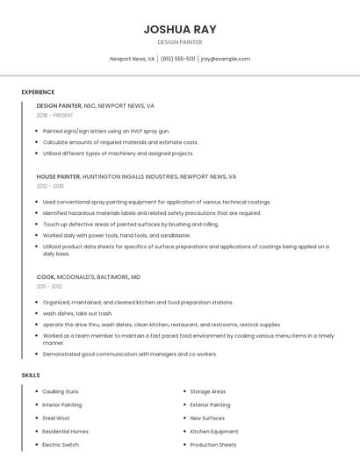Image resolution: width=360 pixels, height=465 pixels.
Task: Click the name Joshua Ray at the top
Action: pyautogui.click(x=180, y=29)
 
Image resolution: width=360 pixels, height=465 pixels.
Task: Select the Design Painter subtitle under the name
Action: pyautogui.click(x=180, y=42)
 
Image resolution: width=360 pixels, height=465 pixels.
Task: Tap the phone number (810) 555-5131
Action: pyautogui.click(x=178, y=59)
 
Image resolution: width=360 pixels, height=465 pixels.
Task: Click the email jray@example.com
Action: pyautogui.click(x=226, y=59)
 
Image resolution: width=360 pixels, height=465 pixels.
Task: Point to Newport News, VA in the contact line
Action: pyautogui.click(x=132, y=59)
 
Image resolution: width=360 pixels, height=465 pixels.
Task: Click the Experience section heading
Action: pyautogui.click(x=38, y=92)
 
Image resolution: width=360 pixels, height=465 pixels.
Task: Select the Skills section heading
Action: pyautogui.click(x=31, y=375)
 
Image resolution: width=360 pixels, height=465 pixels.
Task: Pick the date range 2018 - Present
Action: pyautogui.click(x=54, y=115)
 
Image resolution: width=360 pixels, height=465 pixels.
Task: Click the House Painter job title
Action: pyautogui.click(x=58, y=176)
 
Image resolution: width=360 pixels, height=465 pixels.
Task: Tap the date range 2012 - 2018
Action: pyautogui.click(x=50, y=186)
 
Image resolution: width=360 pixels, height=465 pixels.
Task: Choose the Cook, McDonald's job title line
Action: pyautogui.click(x=88, y=276)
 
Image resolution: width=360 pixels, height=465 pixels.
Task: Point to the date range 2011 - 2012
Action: pyautogui.click(x=49, y=286)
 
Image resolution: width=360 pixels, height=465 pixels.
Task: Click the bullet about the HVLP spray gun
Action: pyautogui.click(x=106, y=131)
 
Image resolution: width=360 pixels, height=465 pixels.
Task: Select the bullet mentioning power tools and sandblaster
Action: pyautogui.click(x=117, y=235)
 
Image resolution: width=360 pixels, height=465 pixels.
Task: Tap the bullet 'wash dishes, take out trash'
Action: pyautogui.click(x=78, y=313)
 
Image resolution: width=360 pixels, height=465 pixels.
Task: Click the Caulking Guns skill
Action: pyautogui.click(x=61, y=391)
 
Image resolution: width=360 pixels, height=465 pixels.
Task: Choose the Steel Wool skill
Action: pyautogui.click(x=55, y=418)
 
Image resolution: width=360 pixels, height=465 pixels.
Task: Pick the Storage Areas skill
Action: pyautogui.click(x=208, y=391)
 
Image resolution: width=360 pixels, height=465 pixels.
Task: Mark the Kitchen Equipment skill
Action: pyautogui.click(x=214, y=431)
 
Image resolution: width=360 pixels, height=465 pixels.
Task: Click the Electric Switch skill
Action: pyautogui.click(x=61, y=445)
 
